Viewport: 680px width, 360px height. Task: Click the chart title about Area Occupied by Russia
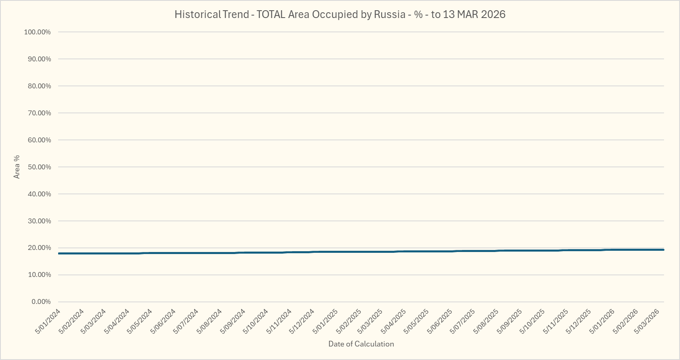click(x=340, y=14)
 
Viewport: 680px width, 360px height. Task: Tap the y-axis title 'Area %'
click(x=17, y=167)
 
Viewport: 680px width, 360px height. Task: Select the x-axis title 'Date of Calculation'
click(x=361, y=344)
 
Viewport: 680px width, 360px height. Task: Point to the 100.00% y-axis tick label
click(x=37, y=32)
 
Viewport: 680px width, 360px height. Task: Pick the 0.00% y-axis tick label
click(x=41, y=301)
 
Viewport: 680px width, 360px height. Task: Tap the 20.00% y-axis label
click(x=39, y=248)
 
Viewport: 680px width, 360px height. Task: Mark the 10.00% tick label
click(x=39, y=274)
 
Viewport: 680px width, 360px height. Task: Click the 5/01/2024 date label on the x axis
click(x=48, y=322)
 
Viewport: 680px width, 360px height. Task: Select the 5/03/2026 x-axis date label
click(x=647, y=322)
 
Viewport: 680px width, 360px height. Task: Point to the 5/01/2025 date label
click(x=325, y=322)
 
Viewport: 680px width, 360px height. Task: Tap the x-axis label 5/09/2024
click(x=233, y=322)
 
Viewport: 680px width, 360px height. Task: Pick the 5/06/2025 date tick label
click(x=440, y=322)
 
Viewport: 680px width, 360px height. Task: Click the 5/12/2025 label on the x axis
click(x=578, y=322)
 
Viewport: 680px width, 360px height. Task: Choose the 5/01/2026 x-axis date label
click(x=602, y=322)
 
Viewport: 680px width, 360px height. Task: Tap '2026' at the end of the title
click(x=493, y=14)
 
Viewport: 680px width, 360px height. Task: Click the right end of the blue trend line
click(x=663, y=250)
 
